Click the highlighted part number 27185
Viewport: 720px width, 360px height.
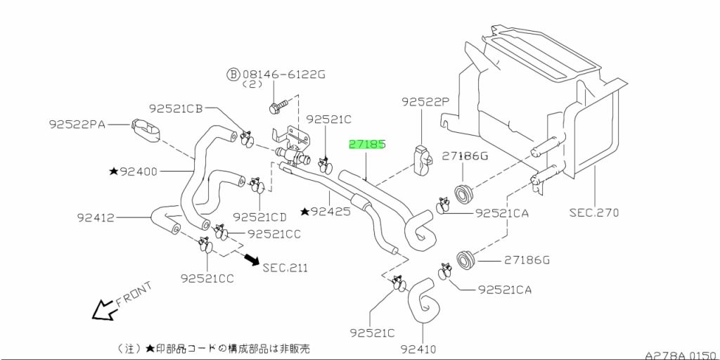(x=367, y=145)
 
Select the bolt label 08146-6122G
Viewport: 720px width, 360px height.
(x=284, y=73)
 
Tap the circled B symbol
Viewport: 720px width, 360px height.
(x=233, y=73)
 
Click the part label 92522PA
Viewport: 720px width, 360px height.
(x=77, y=124)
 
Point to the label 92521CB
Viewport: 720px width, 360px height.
(x=176, y=108)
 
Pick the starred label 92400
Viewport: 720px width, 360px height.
(x=133, y=172)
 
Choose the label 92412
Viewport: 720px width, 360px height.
(x=95, y=218)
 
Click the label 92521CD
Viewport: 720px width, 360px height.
(x=259, y=217)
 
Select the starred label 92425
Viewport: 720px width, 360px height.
(x=326, y=212)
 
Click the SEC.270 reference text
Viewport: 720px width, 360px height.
(x=594, y=212)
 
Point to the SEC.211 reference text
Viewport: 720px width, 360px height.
(x=285, y=267)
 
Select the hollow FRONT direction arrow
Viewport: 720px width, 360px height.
(x=103, y=309)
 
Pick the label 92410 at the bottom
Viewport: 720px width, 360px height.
(x=418, y=349)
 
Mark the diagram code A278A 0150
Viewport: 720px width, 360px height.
(x=681, y=355)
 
